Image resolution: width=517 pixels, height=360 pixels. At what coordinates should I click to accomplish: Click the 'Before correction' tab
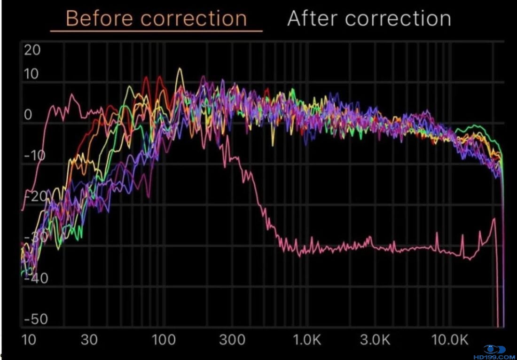click(156, 19)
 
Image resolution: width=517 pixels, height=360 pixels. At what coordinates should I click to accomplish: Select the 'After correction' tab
click(369, 19)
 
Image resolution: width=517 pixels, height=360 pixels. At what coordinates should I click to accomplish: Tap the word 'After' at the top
click(313, 19)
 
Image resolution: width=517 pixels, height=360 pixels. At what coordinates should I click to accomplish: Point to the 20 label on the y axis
click(32, 50)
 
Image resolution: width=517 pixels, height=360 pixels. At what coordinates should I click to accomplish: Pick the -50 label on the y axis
click(36, 319)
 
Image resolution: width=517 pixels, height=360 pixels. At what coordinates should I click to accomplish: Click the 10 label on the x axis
click(29, 340)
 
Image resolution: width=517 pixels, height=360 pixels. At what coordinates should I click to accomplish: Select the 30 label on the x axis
click(89, 340)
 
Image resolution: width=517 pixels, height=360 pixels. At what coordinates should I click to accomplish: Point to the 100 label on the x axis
click(164, 340)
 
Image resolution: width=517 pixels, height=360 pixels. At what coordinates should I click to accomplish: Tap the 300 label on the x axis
click(232, 340)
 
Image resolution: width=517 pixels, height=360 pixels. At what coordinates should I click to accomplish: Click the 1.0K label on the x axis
click(307, 340)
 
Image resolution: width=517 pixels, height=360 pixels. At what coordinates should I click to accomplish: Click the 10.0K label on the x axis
click(450, 340)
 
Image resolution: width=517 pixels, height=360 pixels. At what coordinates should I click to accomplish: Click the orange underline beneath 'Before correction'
click(156, 31)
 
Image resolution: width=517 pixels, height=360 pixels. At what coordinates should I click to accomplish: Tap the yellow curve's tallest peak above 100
click(179, 69)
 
